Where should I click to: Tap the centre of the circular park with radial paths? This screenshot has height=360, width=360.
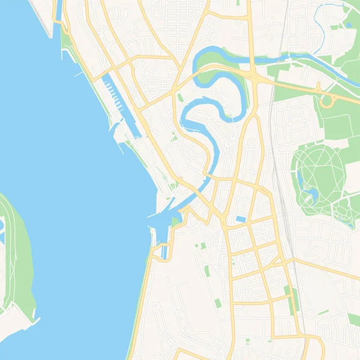(321, 174)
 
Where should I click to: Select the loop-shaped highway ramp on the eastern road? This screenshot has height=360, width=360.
(327, 101)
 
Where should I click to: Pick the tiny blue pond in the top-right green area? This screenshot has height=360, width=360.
(349, 25)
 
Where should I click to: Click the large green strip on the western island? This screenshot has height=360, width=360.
(21, 258)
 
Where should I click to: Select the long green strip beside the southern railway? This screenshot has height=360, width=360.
(292, 300)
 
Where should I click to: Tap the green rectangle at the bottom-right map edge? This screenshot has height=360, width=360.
(355, 320)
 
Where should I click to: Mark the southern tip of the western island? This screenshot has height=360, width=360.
(35, 316)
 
